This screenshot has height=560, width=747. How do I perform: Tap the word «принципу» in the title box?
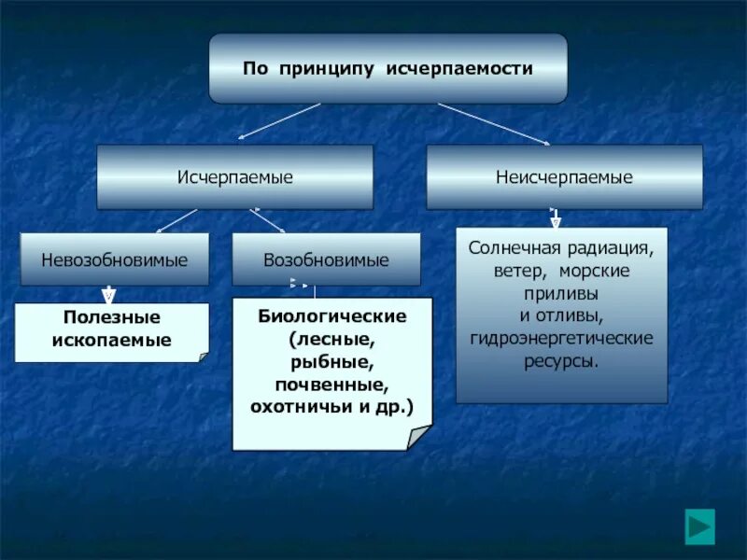pos(322,69)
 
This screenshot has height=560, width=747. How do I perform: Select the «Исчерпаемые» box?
pos(235,177)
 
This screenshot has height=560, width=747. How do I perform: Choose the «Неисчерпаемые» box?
pos(564,177)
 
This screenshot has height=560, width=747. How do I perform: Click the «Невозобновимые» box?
pos(114,259)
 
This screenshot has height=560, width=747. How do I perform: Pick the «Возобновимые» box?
pos(326,259)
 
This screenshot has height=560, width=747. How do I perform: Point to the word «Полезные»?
pos(112,318)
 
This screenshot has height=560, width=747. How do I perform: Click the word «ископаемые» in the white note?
pos(112,341)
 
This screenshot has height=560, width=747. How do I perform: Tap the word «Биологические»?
pos(332,316)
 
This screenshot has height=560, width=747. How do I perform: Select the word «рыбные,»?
pos(332,361)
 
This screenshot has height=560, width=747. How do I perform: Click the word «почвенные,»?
pos(332,384)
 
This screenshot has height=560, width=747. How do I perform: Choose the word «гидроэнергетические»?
pos(562,337)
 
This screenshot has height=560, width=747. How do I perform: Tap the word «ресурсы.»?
pos(562,358)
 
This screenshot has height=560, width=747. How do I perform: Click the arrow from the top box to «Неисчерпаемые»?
pos(492,123)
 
